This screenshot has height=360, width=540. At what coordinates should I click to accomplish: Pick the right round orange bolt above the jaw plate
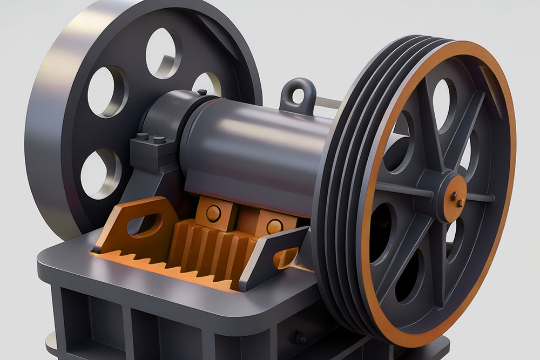click(274, 226)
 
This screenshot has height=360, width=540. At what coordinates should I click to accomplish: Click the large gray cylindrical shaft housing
click(254, 146)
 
